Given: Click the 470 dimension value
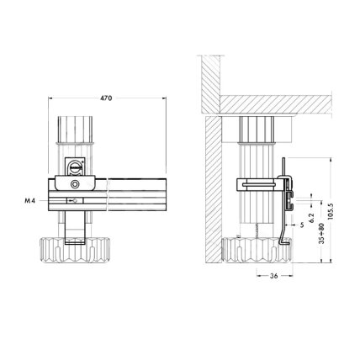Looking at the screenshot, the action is pyautogui.click(x=106, y=98).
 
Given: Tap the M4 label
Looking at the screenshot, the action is pyautogui.click(x=30, y=201).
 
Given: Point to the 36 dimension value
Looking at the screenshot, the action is pyautogui.click(x=273, y=276).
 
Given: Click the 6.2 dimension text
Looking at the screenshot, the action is pyautogui.click(x=311, y=218).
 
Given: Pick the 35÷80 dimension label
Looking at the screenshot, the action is pyautogui.click(x=321, y=234).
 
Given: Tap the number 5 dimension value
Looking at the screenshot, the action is pyautogui.click(x=302, y=225).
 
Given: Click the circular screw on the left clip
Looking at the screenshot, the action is pyautogui.click(x=75, y=184).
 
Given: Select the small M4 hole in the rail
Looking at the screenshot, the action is pyautogui.click(x=74, y=200).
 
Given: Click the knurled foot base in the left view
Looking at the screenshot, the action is pyautogui.click(x=75, y=250).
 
